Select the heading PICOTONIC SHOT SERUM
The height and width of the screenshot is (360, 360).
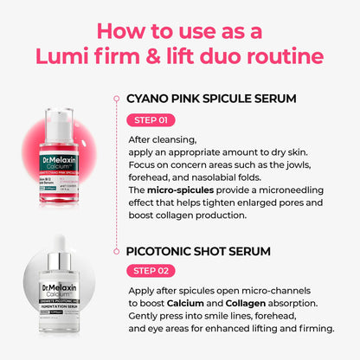pos(198,251)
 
